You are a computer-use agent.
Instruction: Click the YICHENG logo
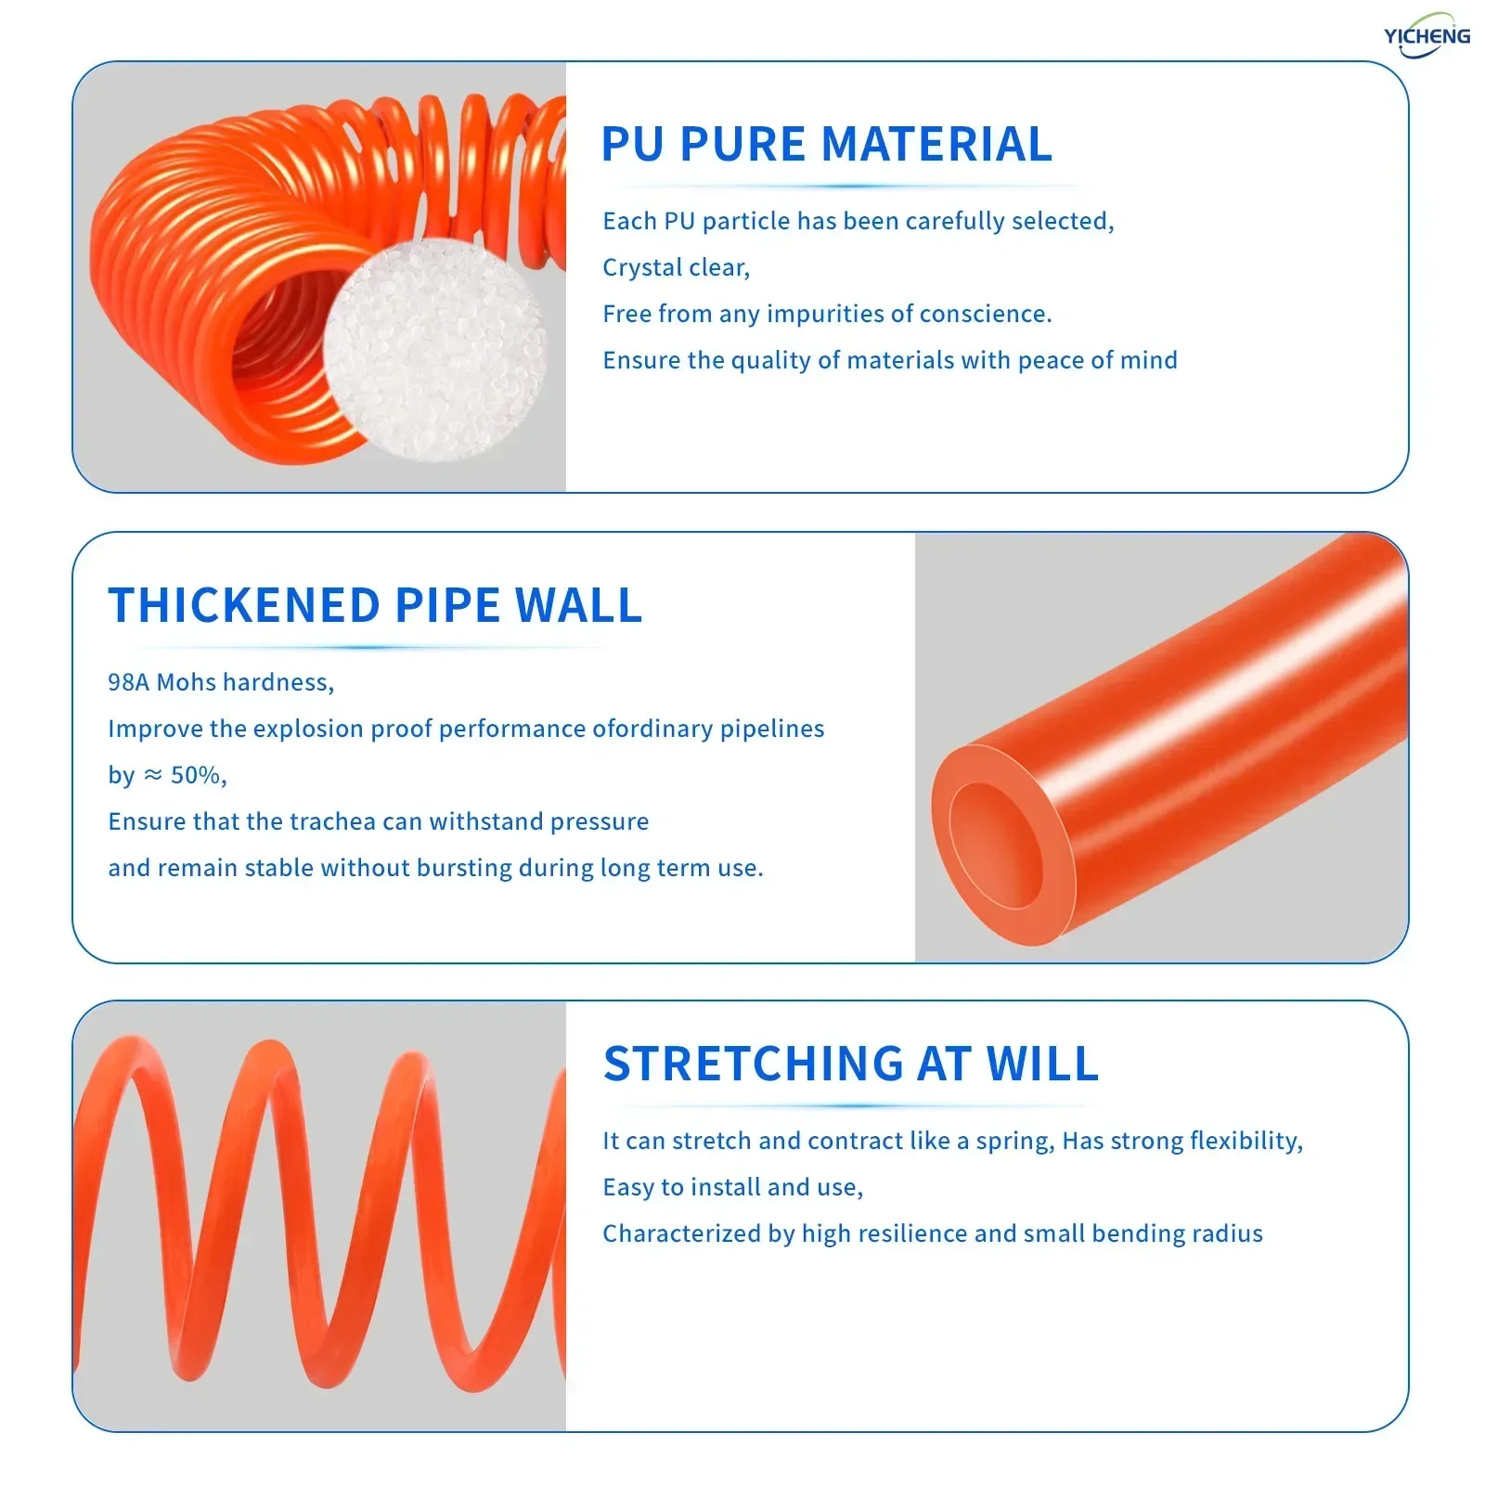(x=1427, y=36)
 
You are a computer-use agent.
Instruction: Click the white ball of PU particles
(x=434, y=351)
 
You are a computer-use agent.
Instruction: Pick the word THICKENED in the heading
(x=244, y=606)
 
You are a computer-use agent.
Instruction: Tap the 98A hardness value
(x=128, y=682)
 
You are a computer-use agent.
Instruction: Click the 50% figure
(x=197, y=775)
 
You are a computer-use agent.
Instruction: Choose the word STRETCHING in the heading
(x=753, y=1065)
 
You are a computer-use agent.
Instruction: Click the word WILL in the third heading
(x=1042, y=1065)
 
